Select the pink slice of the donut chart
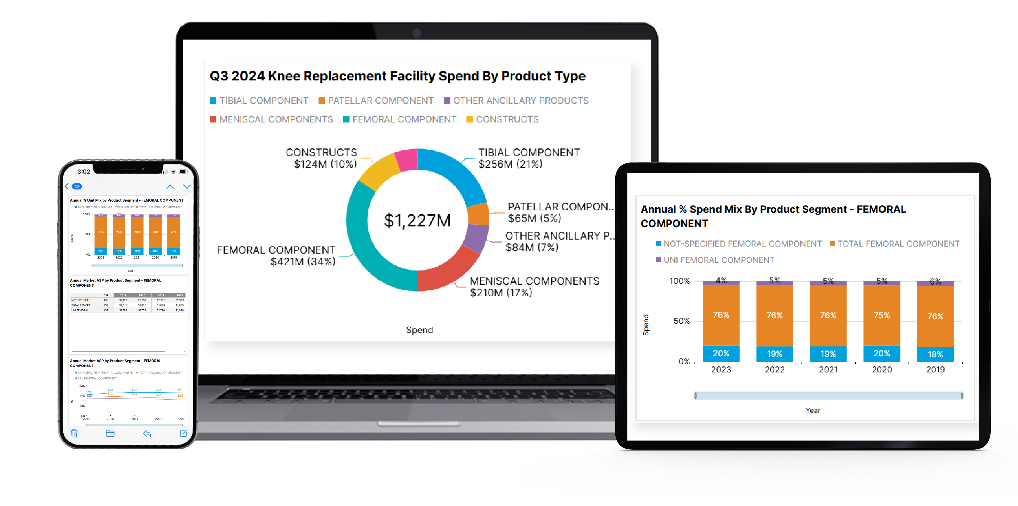407,160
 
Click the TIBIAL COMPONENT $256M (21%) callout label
528,158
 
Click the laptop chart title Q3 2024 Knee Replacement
397,76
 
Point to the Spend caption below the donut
419,330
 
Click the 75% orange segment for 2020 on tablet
881,315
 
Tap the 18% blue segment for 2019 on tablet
935,354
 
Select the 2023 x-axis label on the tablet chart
721,369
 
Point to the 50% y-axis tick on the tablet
681,321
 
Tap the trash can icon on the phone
74,433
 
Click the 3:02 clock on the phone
83,171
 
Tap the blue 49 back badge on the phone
77,186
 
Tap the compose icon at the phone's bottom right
183,433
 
